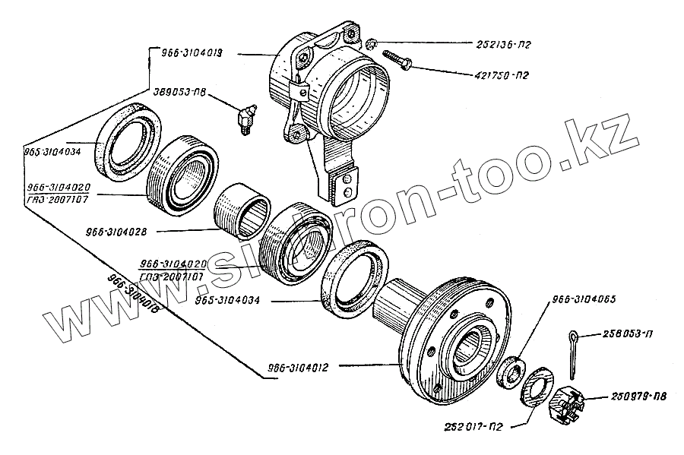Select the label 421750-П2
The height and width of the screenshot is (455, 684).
coord(499,75)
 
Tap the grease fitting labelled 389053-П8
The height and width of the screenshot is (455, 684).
coord(244,120)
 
